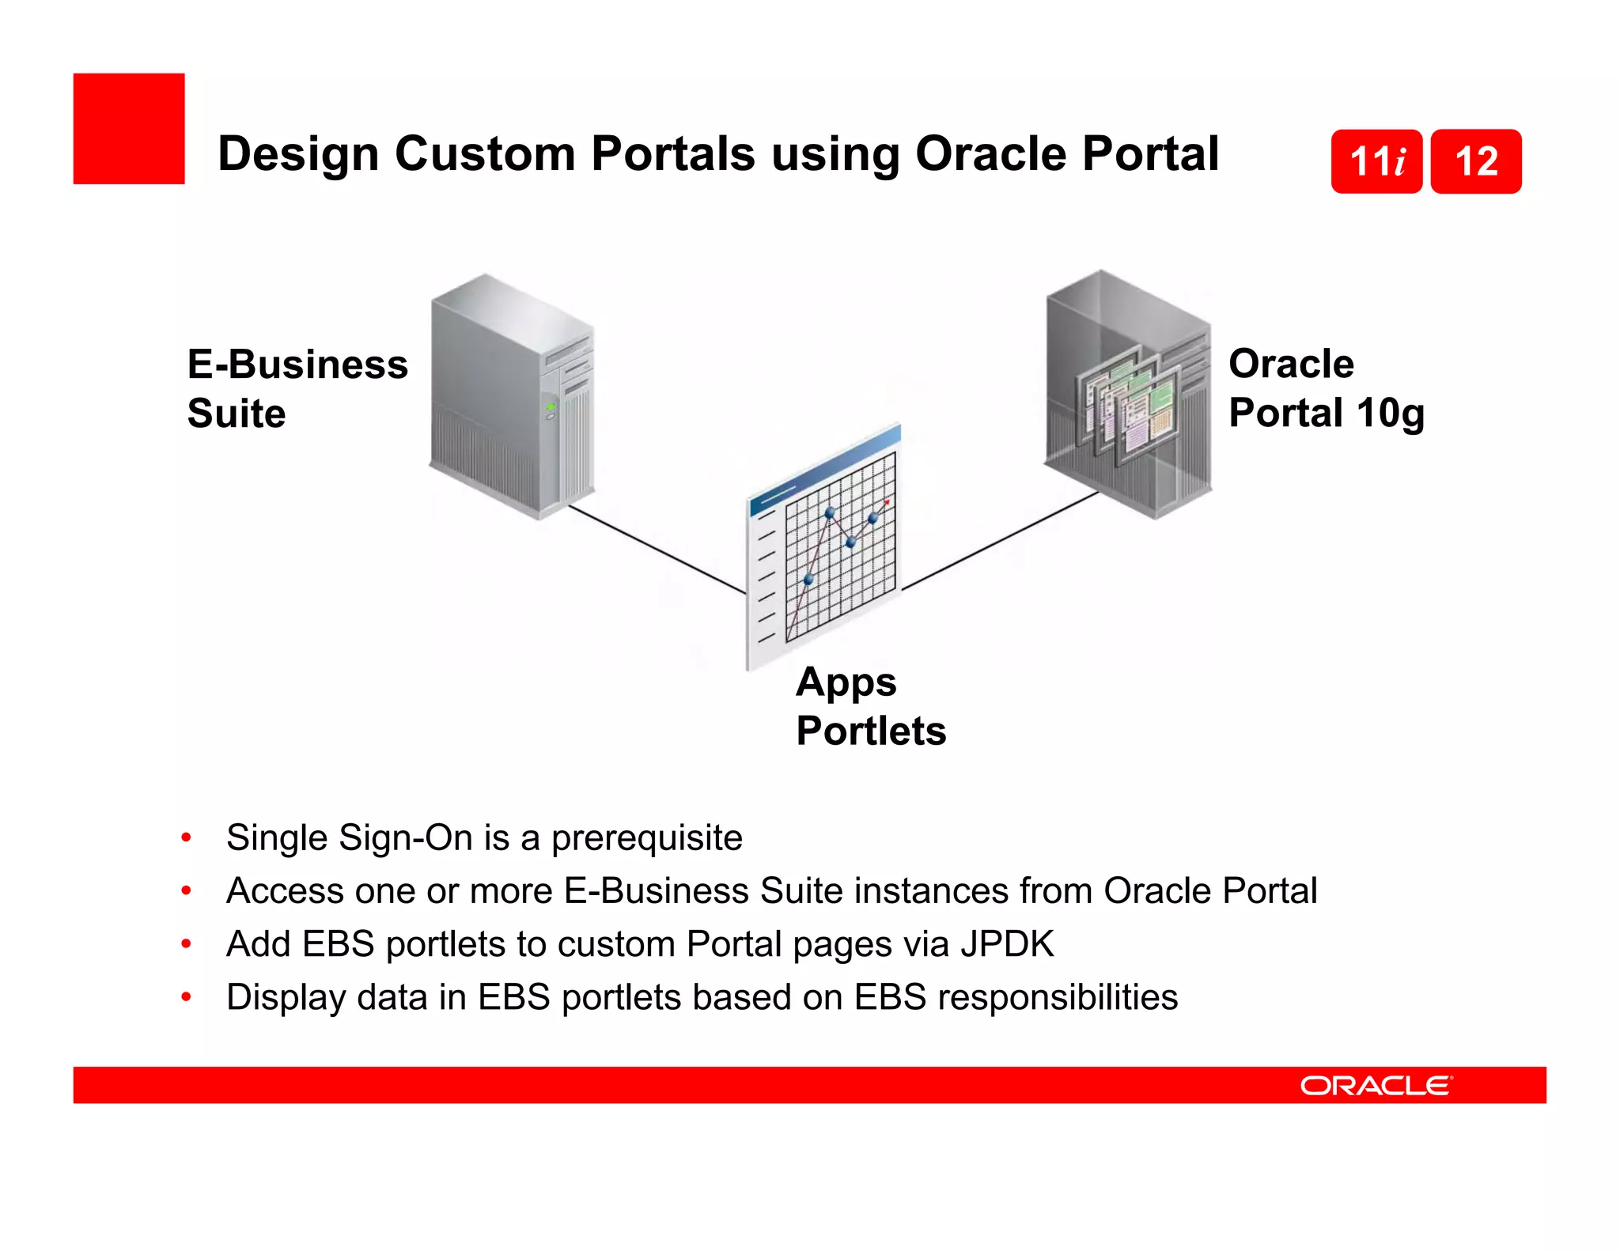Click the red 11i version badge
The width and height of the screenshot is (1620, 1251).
pyautogui.click(x=1376, y=161)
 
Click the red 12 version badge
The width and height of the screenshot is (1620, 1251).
pyautogui.click(x=1476, y=161)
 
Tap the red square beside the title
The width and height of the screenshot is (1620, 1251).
pyautogui.click(x=129, y=129)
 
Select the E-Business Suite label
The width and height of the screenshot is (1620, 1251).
pyautogui.click(x=297, y=388)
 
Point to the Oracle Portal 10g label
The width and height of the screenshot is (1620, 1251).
pyautogui.click(x=1326, y=388)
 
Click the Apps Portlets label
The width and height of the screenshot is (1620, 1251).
pyautogui.click(x=870, y=706)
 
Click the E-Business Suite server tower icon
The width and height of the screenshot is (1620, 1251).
pyautogui.click(x=510, y=395)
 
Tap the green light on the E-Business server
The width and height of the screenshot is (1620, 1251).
pyautogui.click(x=551, y=406)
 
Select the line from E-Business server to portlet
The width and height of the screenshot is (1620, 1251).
pyautogui.click(x=657, y=550)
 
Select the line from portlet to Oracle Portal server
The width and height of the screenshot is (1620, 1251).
pyautogui.click(x=1001, y=541)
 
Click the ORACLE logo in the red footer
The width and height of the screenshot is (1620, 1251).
pyautogui.click(x=1376, y=1086)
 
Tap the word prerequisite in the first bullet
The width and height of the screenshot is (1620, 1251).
pyautogui.click(x=646, y=838)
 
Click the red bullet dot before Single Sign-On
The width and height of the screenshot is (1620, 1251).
pyautogui.click(x=186, y=837)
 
